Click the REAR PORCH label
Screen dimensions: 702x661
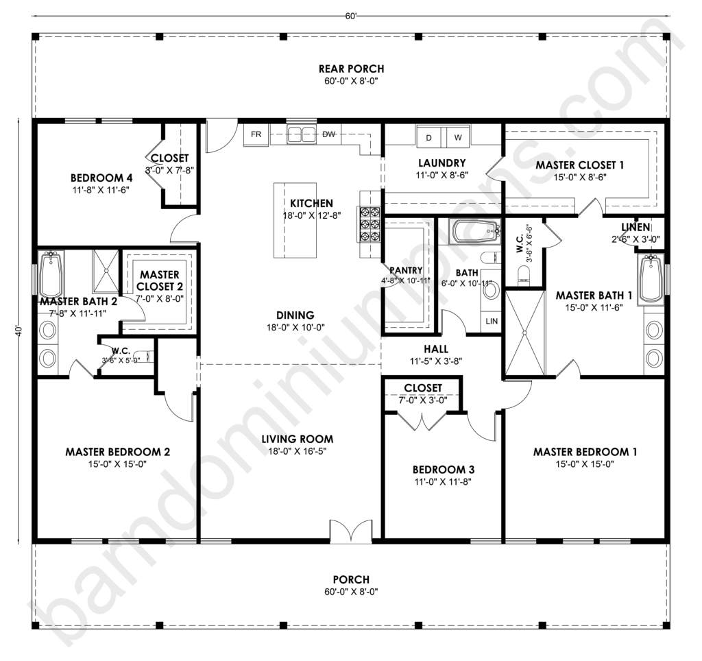tap(351, 69)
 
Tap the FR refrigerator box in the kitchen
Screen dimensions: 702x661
tap(256, 134)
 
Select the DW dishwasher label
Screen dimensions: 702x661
tap(329, 134)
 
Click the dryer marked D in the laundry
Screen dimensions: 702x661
tap(429, 138)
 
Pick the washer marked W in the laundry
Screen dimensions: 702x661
tap(457, 138)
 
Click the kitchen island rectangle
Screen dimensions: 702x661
tap(295, 220)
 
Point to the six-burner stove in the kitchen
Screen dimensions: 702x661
tap(368, 224)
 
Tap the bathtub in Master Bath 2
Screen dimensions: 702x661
tap(51, 274)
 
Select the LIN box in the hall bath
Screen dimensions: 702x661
tap(492, 321)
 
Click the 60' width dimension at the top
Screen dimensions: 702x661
tap(351, 16)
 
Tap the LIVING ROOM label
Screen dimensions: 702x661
tap(298, 440)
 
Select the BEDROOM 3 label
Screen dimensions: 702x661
tap(444, 470)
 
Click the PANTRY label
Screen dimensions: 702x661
tap(406, 270)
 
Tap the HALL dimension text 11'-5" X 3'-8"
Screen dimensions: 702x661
tap(436, 361)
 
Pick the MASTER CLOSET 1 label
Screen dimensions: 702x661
tap(580, 165)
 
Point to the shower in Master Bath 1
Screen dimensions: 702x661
tap(524, 333)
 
